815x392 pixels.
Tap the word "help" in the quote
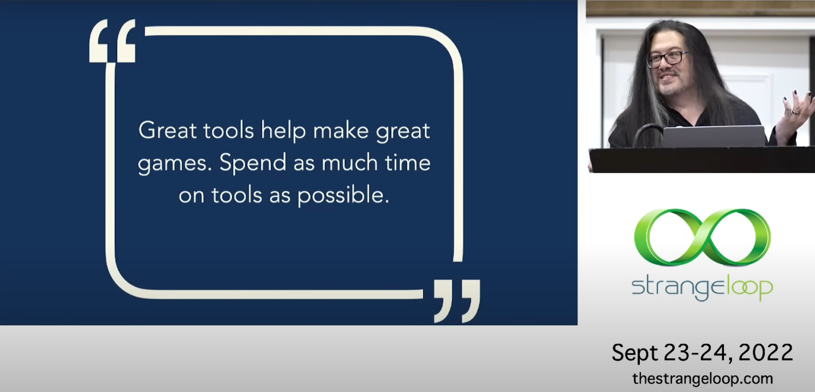(x=283, y=131)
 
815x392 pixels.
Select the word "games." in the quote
(x=175, y=164)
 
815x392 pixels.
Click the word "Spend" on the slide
(x=253, y=162)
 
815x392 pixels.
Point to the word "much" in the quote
(x=349, y=162)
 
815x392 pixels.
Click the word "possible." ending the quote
(x=343, y=195)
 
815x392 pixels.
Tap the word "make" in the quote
(x=341, y=130)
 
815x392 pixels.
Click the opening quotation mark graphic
(x=113, y=41)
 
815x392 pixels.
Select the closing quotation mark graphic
(x=457, y=301)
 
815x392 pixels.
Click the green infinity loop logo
(x=702, y=237)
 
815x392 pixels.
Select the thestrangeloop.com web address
(x=702, y=378)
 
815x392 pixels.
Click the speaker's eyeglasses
(x=667, y=59)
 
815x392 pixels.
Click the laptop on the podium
(x=714, y=136)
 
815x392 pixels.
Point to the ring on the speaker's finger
(x=795, y=111)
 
